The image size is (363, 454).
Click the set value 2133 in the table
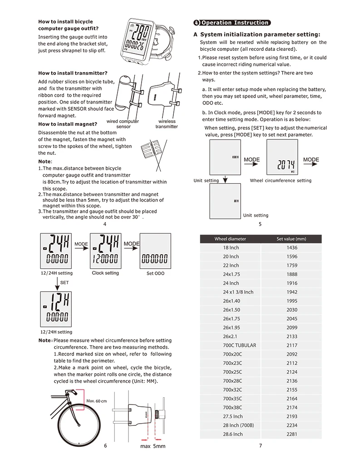(292, 336)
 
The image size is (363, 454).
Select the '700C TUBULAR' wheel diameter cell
(239, 345)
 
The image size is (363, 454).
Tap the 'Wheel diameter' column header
(230, 239)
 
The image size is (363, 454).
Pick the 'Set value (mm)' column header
(291, 239)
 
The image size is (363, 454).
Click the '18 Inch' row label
(231, 248)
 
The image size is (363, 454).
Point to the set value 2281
(292, 434)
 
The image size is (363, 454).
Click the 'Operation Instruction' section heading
(235, 23)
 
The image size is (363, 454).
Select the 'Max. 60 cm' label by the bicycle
(96, 401)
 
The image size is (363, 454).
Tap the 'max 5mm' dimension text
(152, 446)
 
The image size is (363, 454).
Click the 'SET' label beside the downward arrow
(64, 282)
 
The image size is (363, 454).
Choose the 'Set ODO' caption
(155, 273)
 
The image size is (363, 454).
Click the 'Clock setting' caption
(105, 273)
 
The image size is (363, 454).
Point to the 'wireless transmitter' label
(167, 124)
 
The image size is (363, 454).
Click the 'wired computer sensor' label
(123, 124)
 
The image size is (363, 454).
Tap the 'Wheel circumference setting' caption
(280, 181)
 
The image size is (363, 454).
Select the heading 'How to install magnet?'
(68, 124)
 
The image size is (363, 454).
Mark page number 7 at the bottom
(260, 445)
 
